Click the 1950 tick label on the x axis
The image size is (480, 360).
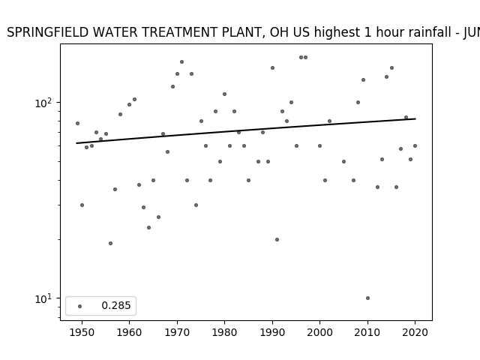tap(82, 332)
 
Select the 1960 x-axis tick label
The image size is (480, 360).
tap(129, 332)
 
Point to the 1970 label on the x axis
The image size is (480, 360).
tap(177, 332)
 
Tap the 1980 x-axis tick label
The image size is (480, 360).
tap(224, 332)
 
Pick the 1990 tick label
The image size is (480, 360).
tap(272, 332)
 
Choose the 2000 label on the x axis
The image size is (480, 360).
tap(319, 332)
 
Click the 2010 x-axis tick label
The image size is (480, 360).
tap(367, 332)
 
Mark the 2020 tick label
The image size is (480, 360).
tap(415, 332)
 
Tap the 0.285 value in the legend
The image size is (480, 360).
tap(116, 305)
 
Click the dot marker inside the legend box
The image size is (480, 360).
tap(80, 306)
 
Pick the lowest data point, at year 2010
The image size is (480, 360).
tap(367, 298)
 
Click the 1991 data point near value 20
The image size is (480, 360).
tap(277, 240)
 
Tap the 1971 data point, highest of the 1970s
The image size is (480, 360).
tap(181, 61)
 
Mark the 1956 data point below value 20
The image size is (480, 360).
tap(110, 243)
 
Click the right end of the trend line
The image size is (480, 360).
tap(415, 118)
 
